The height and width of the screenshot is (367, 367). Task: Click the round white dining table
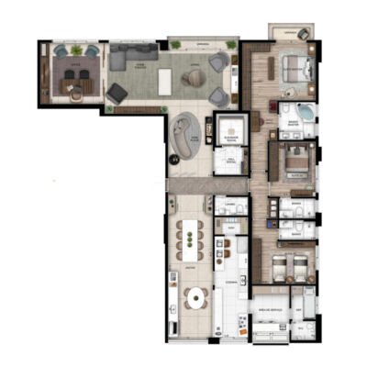[196, 297]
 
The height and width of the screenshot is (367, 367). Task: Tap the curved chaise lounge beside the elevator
[184, 134]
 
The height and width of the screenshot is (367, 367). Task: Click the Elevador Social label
[228, 128]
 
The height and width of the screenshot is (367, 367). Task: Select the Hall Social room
[229, 162]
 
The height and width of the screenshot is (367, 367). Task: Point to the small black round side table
[172, 158]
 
